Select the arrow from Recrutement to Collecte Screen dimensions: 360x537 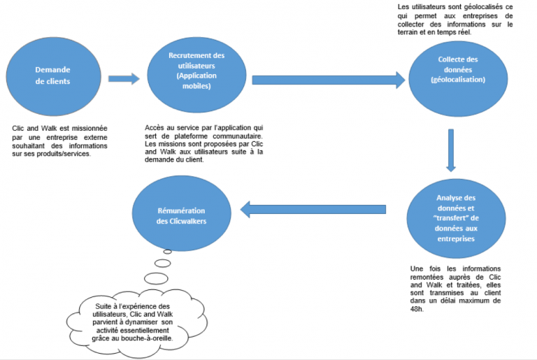click(x=329, y=79)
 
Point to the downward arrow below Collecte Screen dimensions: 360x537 click(x=451, y=150)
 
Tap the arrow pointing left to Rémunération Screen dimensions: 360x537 click(x=314, y=208)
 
